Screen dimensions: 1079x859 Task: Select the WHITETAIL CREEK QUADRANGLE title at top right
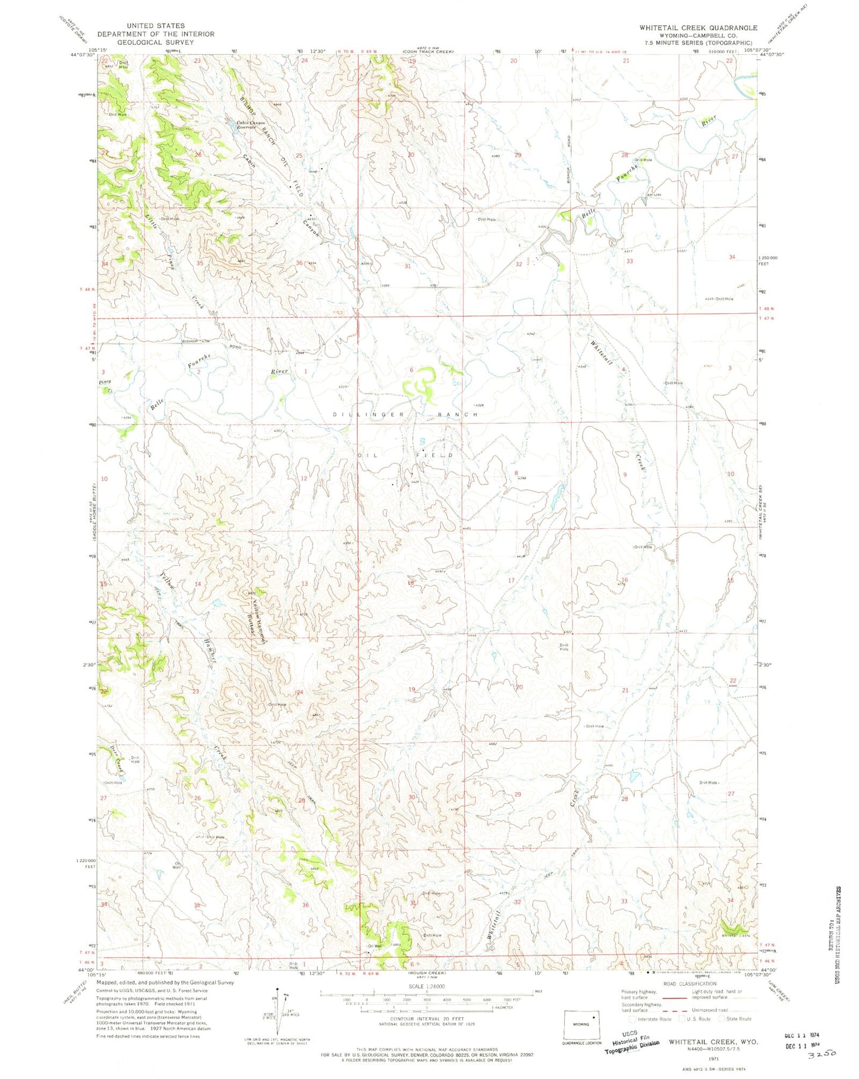pos(698,28)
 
